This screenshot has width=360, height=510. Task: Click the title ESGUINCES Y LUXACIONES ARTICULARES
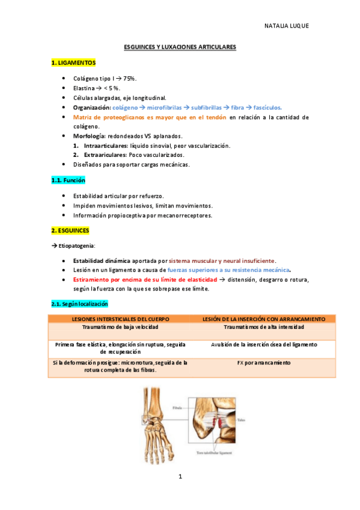[180, 46]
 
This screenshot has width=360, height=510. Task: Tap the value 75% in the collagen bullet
[129, 79]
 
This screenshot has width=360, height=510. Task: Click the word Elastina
[85, 88]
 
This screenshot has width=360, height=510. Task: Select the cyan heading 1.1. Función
[68, 180]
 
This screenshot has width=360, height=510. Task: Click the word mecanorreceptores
[185, 215]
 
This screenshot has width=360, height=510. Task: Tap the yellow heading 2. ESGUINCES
[70, 230]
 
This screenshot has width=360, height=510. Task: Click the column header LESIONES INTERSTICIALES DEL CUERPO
[120, 319]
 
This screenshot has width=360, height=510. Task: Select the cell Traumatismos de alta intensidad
[264, 327]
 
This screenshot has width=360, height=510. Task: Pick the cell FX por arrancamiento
[264, 363]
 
